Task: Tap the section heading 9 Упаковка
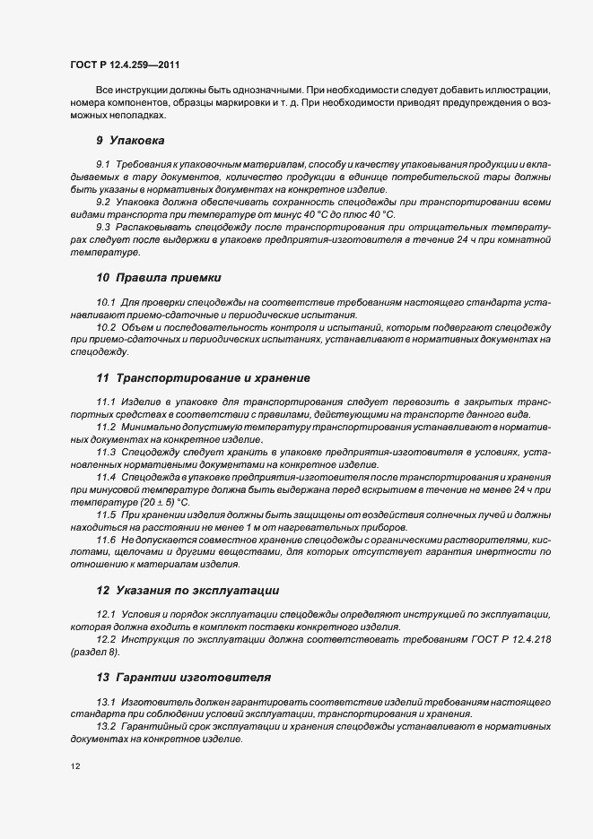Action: coord(130,141)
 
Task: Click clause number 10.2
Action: coord(106,328)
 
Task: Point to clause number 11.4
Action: coord(106,477)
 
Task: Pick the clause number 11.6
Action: coord(106,541)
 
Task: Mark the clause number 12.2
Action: coord(106,639)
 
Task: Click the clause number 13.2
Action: coord(106,725)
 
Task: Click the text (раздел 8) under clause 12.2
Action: coord(94,652)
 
